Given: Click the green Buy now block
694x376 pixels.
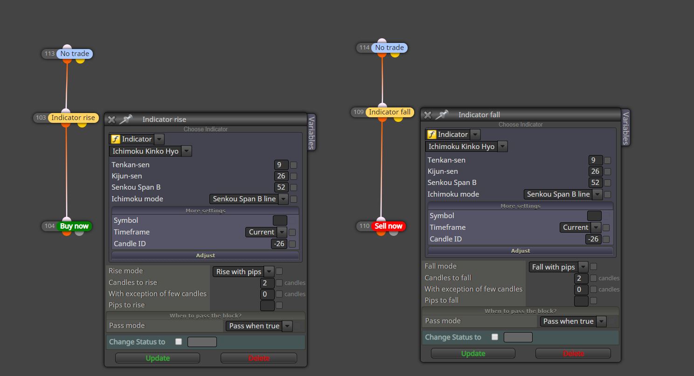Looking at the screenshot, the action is coord(74,226).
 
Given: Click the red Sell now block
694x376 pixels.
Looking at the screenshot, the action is coord(388,226).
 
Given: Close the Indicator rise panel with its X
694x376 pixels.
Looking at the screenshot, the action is coord(112,120).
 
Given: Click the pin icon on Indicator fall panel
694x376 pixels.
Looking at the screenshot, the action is coord(442,115).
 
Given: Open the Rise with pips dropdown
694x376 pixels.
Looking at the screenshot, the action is coord(243,272).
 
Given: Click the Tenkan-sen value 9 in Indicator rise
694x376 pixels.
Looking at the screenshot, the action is coord(281,165).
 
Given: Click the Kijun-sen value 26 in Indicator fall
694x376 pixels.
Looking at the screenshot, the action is coord(595,171).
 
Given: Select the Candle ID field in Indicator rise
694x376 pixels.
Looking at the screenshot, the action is coord(279,244).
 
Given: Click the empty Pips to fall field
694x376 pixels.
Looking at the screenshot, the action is coord(581,301).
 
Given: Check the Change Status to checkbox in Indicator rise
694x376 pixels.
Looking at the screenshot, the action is coord(179,341).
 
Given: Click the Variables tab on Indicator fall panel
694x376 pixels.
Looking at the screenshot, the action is coord(626,128).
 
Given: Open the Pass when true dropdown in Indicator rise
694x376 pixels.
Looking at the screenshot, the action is coord(259,326).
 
